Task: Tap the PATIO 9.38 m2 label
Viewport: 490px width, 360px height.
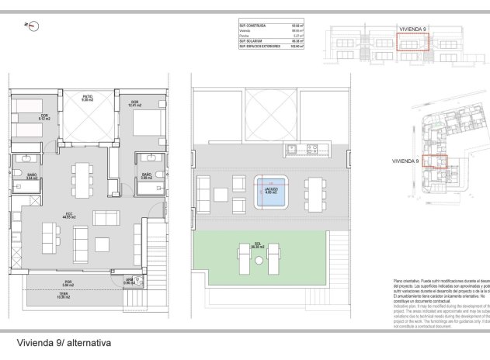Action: click(x=87, y=99)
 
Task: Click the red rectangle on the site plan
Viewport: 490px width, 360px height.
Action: click(x=437, y=161)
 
